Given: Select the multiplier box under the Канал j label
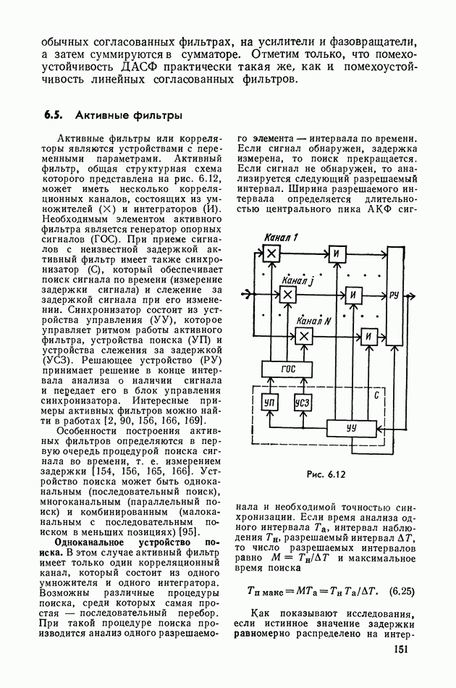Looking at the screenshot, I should [x=287, y=294].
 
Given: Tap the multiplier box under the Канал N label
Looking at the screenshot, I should [x=305, y=335].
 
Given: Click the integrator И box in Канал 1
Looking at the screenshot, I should [x=337, y=253].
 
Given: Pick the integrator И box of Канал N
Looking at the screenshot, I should [x=369, y=335].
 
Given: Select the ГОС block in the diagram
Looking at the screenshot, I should [x=288, y=369].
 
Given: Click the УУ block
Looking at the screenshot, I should [x=352, y=427].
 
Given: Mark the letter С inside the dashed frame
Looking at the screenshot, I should [x=375, y=397].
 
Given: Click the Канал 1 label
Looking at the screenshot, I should [x=280, y=236].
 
